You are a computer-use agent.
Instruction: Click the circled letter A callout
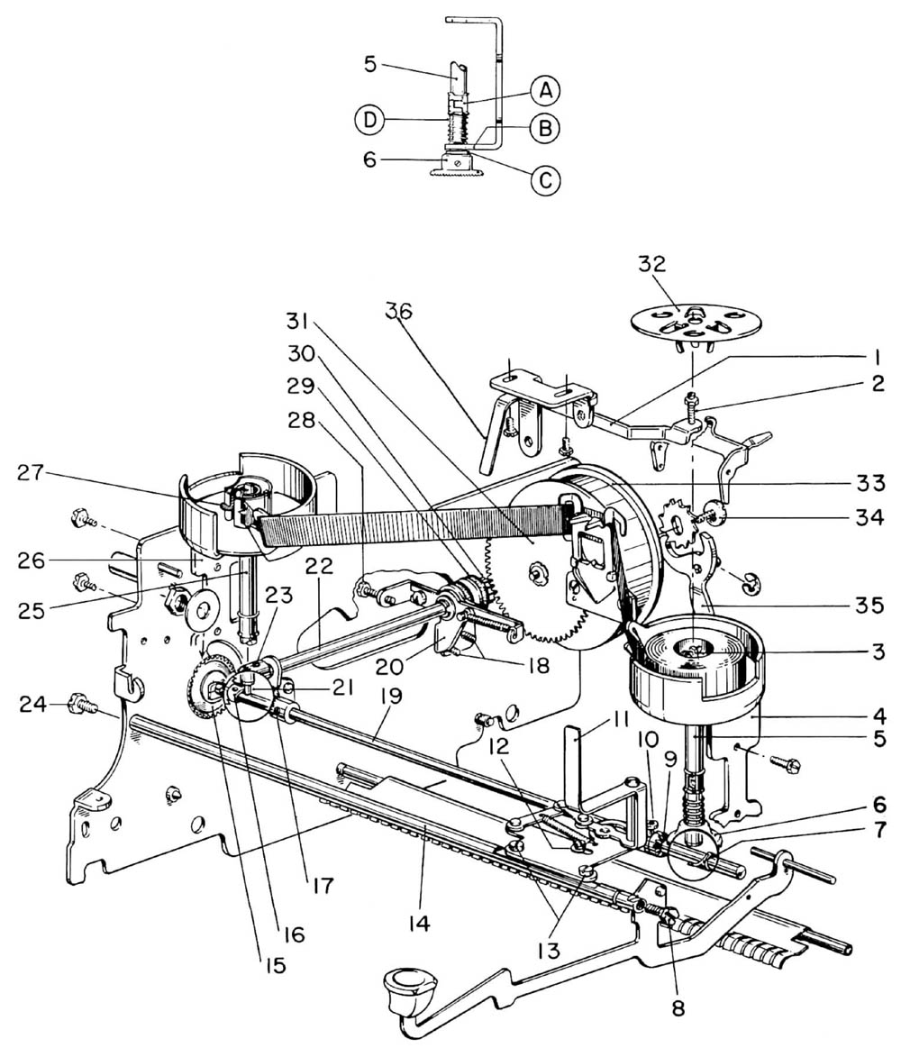pyautogui.click(x=546, y=89)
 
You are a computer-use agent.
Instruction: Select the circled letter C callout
pyautogui.click(x=545, y=180)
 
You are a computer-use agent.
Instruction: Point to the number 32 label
pyautogui.click(x=651, y=264)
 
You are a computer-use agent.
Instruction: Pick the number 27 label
pyautogui.click(x=31, y=472)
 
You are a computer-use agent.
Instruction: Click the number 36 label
pyautogui.click(x=399, y=312)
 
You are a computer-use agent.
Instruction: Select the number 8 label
pyautogui.click(x=678, y=1007)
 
